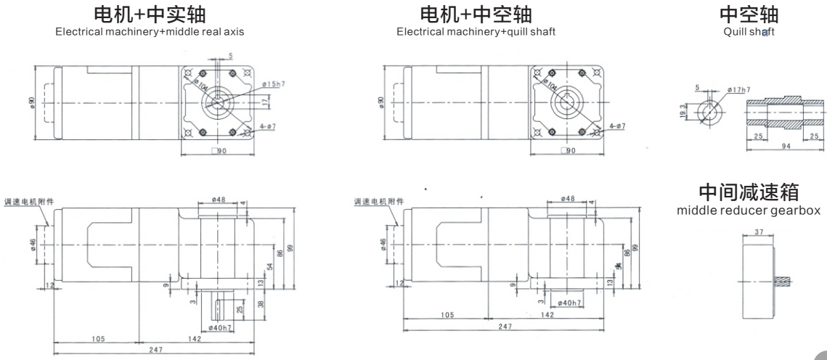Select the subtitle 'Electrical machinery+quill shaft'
point(476,31)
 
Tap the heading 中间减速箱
point(749,193)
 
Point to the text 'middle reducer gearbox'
point(749,210)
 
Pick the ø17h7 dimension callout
point(738,89)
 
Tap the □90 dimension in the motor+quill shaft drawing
point(569,151)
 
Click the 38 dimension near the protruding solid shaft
point(260,305)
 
